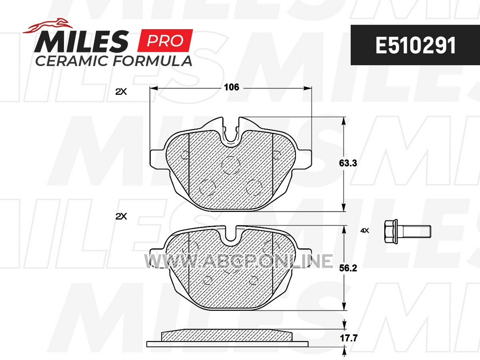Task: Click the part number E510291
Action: click(415, 45)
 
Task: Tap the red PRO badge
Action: click(165, 40)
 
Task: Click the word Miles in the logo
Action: click(81, 41)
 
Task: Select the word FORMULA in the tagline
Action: click(153, 61)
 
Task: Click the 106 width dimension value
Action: click(231, 87)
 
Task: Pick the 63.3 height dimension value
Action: click(348, 163)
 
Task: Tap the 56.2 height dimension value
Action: click(348, 268)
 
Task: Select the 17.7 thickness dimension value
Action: click(349, 338)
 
